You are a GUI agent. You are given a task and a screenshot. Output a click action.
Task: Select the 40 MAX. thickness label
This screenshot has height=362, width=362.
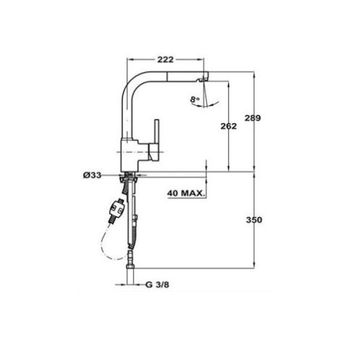coord(184,193)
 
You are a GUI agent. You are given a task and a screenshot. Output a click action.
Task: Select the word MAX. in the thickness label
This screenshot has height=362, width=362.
coord(192,193)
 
